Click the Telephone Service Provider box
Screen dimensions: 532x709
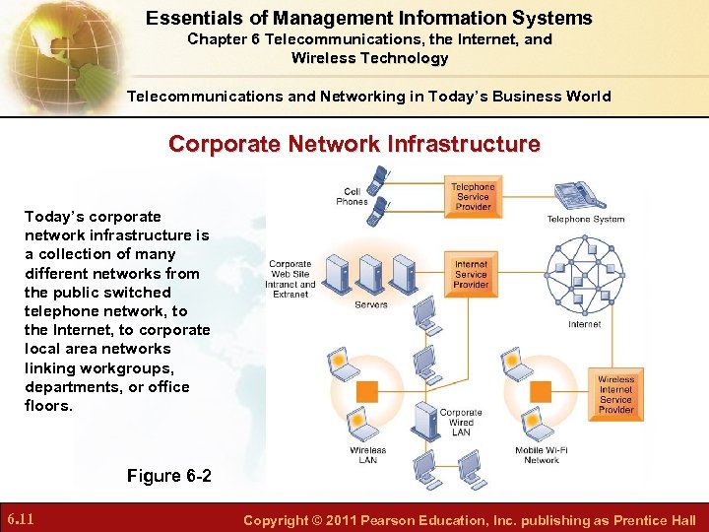pyautogui.click(x=473, y=196)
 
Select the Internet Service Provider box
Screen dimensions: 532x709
pyautogui.click(x=471, y=274)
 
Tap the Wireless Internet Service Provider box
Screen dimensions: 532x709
pyautogui.click(x=615, y=394)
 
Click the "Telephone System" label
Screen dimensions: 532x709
pyautogui.click(x=586, y=219)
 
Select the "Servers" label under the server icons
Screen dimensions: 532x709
pyautogui.click(x=371, y=304)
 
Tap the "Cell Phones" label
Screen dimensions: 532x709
pyautogui.click(x=352, y=196)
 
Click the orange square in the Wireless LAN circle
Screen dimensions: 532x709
pyautogui.click(x=366, y=392)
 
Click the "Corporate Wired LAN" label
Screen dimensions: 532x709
pyautogui.click(x=461, y=422)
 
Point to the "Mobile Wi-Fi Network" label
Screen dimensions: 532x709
pyautogui.click(x=542, y=455)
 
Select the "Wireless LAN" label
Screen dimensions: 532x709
pyautogui.click(x=367, y=455)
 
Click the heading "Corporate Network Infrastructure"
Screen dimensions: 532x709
pyautogui.click(x=354, y=144)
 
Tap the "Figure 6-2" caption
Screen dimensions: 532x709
pyautogui.click(x=168, y=476)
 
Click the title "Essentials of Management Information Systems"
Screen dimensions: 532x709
pyautogui.click(x=369, y=18)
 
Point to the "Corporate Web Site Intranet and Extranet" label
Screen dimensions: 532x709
pyautogui.click(x=291, y=279)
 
